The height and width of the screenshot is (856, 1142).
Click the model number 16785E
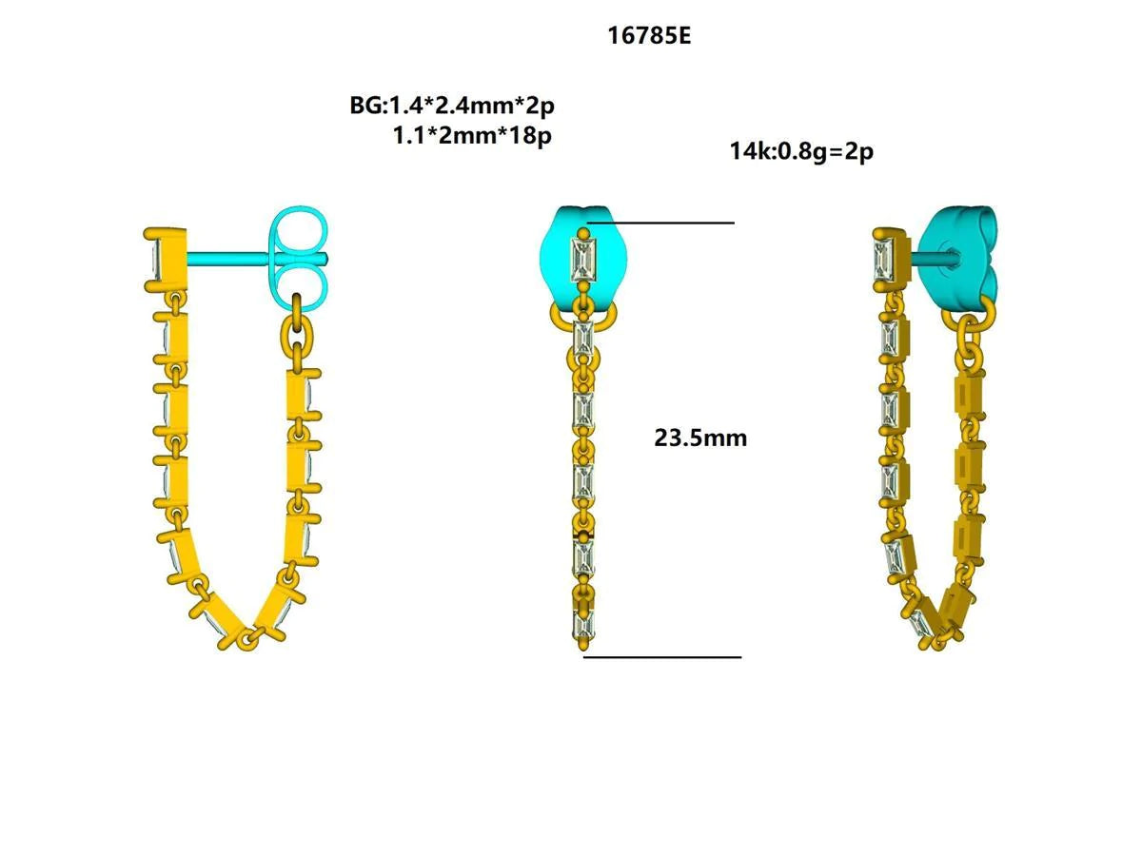(x=649, y=36)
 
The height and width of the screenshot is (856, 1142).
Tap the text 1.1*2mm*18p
(x=472, y=135)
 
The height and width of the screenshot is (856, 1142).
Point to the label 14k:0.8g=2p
(x=801, y=150)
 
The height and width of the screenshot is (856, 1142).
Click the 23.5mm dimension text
(x=700, y=438)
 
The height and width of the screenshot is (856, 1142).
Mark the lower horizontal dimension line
(x=662, y=656)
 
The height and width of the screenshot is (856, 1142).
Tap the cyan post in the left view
(x=228, y=258)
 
